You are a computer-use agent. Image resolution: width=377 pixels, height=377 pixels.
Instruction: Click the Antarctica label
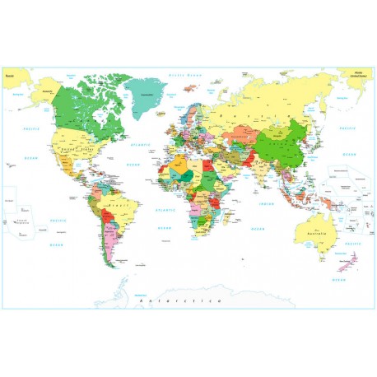point(181,302)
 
